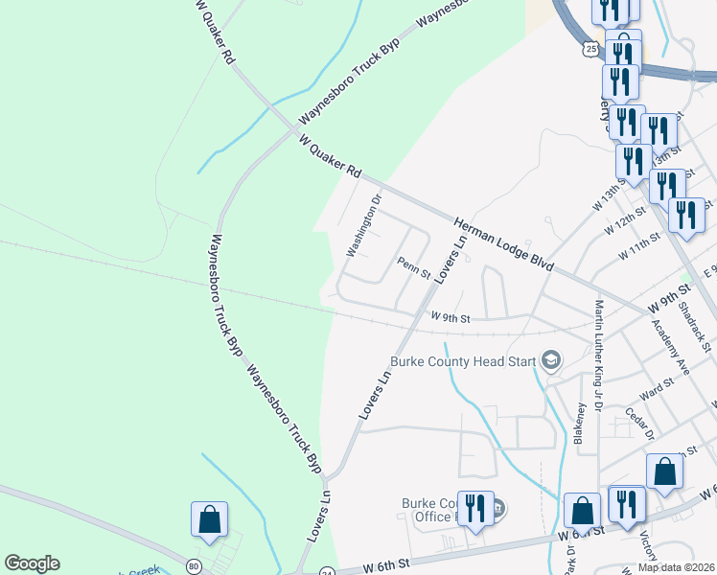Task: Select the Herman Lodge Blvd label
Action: click(504, 243)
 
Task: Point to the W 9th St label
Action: click(451, 315)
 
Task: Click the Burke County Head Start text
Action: click(463, 361)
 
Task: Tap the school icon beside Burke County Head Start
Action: click(551, 360)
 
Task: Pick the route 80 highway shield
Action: click(195, 566)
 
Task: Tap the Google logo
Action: click(32, 563)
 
